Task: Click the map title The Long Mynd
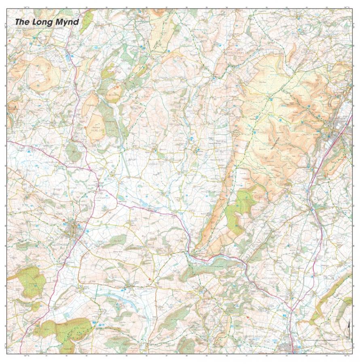pyautogui.click(x=47, y=22)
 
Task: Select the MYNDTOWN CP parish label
pyautogui.click(x=212, y=192)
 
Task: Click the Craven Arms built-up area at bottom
pyautogui.click(x=290, y=347)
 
